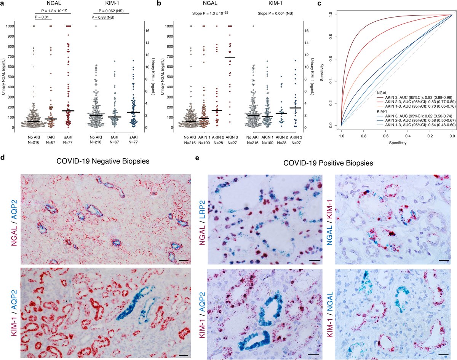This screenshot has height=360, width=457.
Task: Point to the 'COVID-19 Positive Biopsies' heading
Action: [328, 163]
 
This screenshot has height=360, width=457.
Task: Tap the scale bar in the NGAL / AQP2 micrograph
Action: [181, 260]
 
